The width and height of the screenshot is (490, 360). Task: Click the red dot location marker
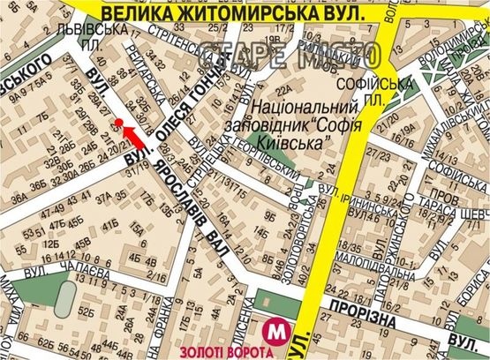(118, 122)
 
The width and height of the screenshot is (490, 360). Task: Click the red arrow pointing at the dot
(132, 135)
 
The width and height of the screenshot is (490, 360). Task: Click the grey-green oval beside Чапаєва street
(64, 302)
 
